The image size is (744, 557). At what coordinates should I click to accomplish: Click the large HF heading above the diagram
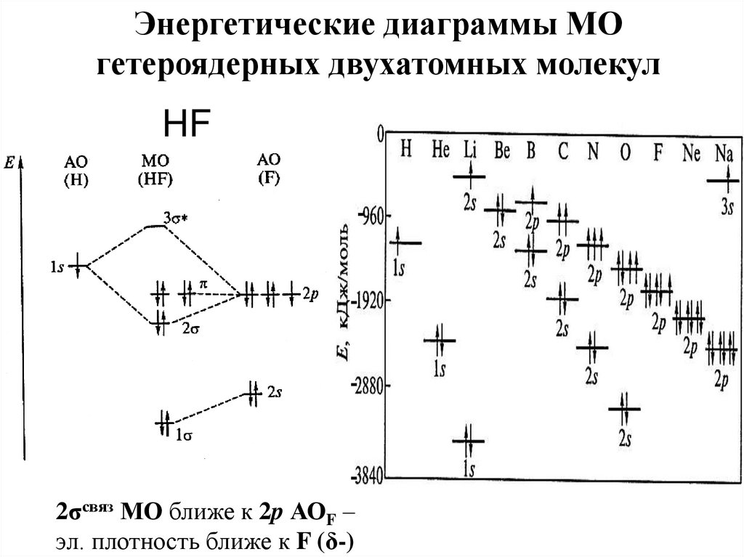tap(186, 126)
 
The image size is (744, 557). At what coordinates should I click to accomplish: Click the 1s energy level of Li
tap(469, 440)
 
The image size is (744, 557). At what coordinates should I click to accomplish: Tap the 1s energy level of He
tap(440, 340)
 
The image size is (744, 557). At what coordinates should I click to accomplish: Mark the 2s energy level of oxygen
tap(623, 409)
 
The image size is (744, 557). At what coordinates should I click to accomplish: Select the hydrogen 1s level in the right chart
tap(405, 243)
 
